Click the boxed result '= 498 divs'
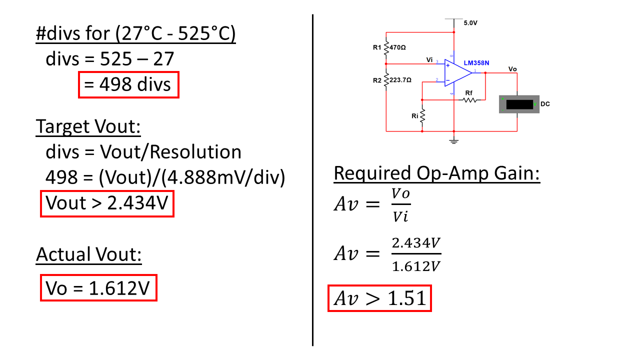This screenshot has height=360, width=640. point(128,85)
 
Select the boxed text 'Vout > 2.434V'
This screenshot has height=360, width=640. point(107,203)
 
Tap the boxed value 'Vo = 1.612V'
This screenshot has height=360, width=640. point(98,288)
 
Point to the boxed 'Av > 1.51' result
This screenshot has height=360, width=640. point(379,298)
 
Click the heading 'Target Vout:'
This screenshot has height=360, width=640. point(88,127)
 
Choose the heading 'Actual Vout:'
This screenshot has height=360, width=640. point(89,254)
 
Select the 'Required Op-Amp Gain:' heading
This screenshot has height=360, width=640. point(436,173)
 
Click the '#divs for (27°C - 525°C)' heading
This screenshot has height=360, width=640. point(135,34)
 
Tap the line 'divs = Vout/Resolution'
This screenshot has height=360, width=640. point(143,152)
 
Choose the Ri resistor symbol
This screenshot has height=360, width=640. point(422,116)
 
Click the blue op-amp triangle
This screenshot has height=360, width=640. point(456,73)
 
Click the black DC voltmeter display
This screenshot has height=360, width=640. point(519,104)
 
